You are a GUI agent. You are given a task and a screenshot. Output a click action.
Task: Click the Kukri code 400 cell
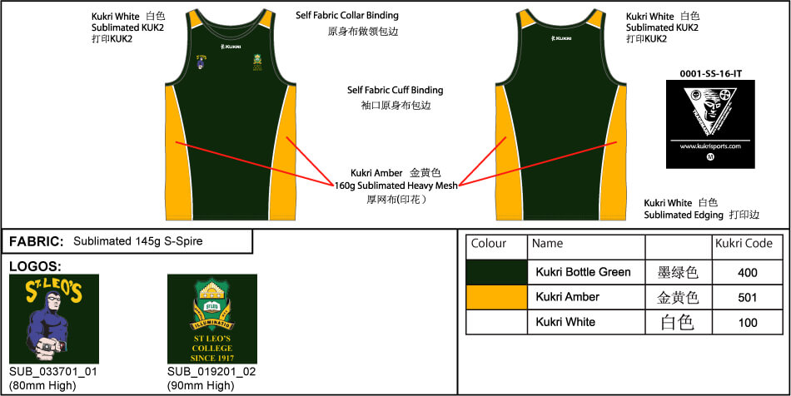point(747,272)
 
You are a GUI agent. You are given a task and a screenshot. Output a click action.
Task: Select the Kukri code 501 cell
point(747,297)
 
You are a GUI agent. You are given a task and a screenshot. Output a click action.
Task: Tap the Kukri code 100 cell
point(747,322)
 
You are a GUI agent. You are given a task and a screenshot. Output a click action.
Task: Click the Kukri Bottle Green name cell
point(583,272)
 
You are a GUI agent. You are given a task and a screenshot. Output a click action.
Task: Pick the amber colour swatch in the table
point(496,297)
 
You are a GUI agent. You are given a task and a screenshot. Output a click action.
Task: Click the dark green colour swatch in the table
point(496,272)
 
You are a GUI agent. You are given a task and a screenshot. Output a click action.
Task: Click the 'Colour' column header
point(489,245)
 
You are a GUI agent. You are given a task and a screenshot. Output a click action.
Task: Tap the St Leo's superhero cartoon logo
point(54,319)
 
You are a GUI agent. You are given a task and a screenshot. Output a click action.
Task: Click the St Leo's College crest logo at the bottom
point(211,319)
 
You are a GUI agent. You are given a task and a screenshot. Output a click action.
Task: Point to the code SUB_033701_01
point(53,372)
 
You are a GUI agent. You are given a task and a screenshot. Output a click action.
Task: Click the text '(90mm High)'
point(201,385)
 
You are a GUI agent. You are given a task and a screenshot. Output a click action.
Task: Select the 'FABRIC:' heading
point(37,242)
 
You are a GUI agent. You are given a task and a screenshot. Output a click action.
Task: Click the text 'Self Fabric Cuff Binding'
point(395,90)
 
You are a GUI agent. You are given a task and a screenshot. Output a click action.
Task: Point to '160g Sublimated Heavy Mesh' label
point(395,186)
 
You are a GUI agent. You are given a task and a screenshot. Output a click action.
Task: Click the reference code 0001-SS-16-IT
point(710,73)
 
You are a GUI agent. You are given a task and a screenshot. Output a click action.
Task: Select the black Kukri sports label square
point(710,124)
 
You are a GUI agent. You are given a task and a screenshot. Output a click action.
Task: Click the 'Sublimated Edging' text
point(684,215)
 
